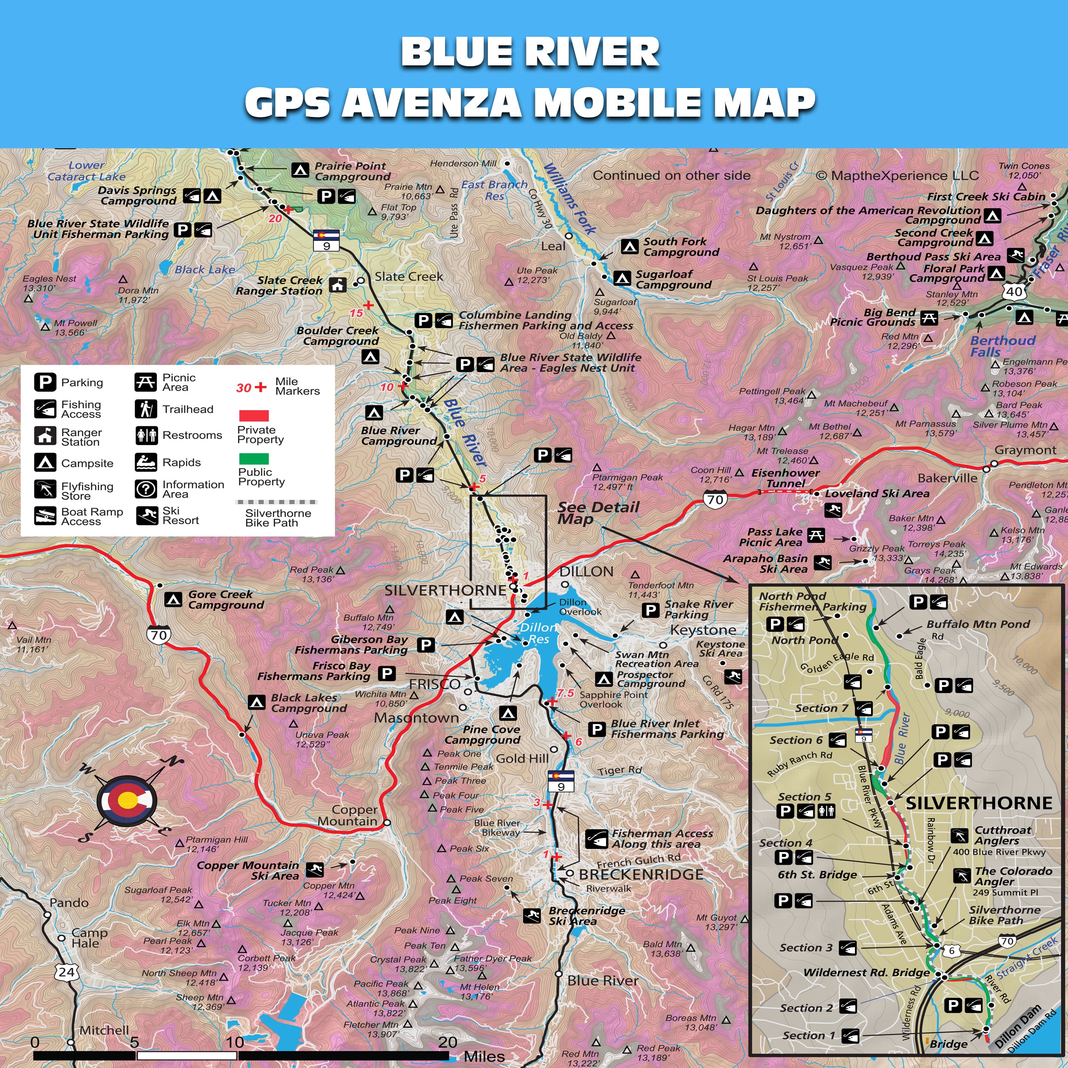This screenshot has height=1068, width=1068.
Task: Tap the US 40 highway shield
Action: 1014,291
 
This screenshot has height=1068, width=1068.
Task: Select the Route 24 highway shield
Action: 66,971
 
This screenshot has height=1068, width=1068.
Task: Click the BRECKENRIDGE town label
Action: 641,874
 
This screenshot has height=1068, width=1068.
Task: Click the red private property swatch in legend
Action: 254,416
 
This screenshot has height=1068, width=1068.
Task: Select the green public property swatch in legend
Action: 254,458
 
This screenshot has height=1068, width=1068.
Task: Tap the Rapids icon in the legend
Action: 146,462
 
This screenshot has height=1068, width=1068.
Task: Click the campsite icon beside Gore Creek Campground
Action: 173,599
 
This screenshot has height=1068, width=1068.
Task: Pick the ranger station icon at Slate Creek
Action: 338,285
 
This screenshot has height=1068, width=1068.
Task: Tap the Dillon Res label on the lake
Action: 538,633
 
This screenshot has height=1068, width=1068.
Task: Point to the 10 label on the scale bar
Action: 235,1042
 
